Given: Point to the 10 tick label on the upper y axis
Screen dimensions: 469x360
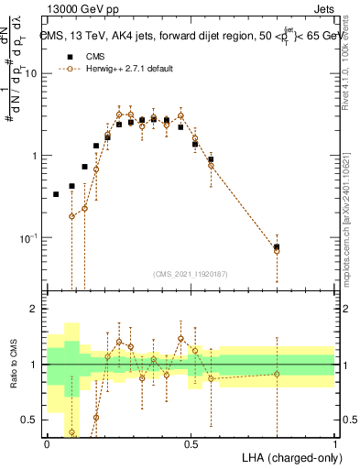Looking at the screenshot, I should click(x=31, y=73).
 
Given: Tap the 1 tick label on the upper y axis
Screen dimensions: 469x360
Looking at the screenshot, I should click(x=35, y=156).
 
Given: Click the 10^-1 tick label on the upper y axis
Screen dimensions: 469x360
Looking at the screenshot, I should click(x=29, y=237).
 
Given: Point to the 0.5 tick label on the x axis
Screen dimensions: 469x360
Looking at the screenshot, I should click(x=191, y=442).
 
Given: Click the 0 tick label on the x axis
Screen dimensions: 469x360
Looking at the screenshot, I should click(x=47, y=442).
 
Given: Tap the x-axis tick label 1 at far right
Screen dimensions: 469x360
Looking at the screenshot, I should click(x=334, y=442).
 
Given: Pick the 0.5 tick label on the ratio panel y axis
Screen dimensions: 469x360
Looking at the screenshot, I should click(x=29, y=420).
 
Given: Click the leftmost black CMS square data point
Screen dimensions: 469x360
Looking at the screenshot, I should click(x=56, y=194).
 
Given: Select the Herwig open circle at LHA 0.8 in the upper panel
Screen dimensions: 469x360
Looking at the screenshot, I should click(x=277, y=250).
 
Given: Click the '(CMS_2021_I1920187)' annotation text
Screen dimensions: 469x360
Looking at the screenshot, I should click(x=190, y=272).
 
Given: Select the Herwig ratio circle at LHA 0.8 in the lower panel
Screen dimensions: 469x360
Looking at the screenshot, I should click(x=277, y=374).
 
